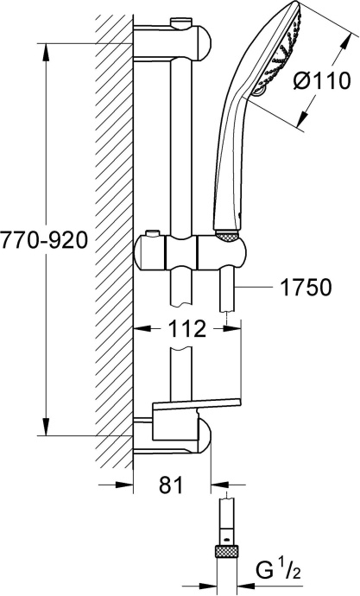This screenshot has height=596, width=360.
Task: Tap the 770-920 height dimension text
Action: pyautogui.click(x=44, y=241)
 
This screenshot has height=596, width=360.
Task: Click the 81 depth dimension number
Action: pyautogui.click(x=172, y=485)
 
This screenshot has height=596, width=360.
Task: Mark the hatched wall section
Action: pyautogui.click(x=113, y=242)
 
